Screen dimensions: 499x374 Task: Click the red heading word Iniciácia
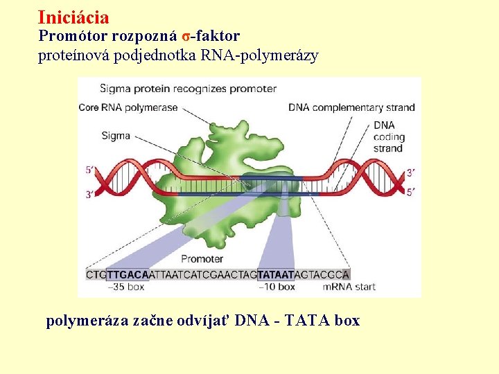click(x=73, y=17)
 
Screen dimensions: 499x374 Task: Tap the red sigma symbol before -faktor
click(x=186, y=35)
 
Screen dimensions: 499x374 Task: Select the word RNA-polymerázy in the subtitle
click(x=277, y=57)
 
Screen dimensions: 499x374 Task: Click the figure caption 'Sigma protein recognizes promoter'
click(x=188, y=89)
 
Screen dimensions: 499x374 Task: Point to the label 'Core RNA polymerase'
click(x=128, y=107)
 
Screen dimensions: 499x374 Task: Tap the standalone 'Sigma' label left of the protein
click(x=116, y=136)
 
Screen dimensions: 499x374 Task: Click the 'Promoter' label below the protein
click(x=202, y=259)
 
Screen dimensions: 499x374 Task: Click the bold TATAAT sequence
click(x=277, y=274)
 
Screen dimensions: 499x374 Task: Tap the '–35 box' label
click(x=126, y=287)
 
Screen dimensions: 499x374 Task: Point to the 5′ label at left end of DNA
click(x=89, y=170)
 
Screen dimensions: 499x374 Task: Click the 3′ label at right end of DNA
click(x=411, y=172)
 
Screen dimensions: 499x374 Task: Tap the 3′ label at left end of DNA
click(x=89, y=195)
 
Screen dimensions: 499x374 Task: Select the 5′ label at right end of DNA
click(x=411, y=192)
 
